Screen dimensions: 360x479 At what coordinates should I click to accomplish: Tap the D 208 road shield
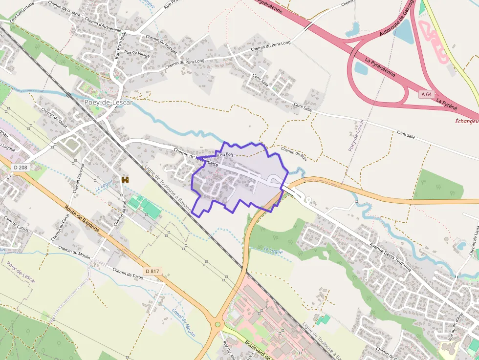(x=20, y=168)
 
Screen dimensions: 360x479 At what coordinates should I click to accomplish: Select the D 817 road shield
(x=152, y=271)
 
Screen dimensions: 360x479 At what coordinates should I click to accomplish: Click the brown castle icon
(x=125, y=180)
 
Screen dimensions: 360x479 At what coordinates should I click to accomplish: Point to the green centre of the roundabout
(x=218, y=324)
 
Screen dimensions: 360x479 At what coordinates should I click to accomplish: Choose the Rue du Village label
(x=137, y=53)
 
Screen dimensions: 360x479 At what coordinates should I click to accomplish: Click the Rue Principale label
(x=120, y=45)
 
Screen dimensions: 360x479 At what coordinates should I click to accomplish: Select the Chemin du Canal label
(x=58, y=229)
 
